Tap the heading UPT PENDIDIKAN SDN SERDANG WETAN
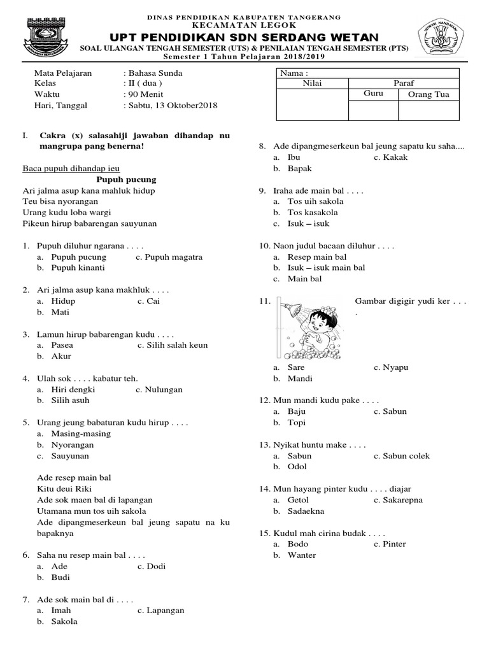coord(244,38)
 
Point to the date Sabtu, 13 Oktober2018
coord(173,105)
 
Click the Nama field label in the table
coord(294,73)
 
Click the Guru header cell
coord(373,94)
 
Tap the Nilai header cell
coord(312,83)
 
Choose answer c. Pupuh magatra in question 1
coord(169,257)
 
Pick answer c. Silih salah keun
coord(173,345)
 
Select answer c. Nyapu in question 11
coord(390,367)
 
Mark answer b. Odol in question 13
coord(297,467)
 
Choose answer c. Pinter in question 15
coord(390,544)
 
